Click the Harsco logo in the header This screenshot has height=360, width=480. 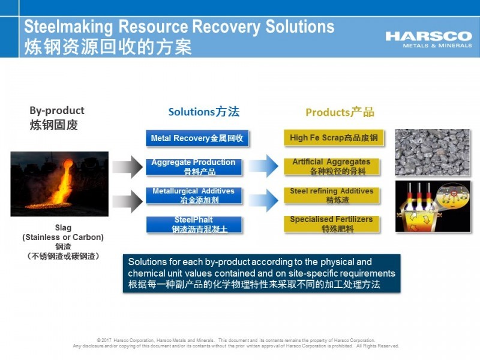pyautogui.click(x=428, y=40)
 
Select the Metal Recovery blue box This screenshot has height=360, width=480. pyautogui.click(x=197, y=138)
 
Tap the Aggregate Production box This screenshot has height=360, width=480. pyautogui.click(x=194, y=167)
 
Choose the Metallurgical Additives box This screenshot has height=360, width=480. pyautogui.click(x=194, y=196)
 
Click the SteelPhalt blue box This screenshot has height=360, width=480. pyautogui.click(x=194, y=224)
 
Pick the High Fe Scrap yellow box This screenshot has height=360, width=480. pyautogui.click(x=334, y=138)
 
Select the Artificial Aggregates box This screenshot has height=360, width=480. pyautogui.click(x=332, y=167)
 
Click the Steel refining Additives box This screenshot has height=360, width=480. pyautogui.click(x=332, y=196)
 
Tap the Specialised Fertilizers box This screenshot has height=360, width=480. pyautogui.click(x=332, y=224)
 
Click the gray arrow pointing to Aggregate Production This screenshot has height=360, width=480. pyautogui.click(x=128, y=167)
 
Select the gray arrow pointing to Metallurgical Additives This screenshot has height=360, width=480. pyautogui.click(x=128, y=201)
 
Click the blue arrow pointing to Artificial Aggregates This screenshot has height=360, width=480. pyautogui.click(x=263, y=166)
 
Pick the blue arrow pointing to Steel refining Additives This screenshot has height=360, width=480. pyautogui.click(x=263, y=200)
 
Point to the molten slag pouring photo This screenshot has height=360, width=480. pyautogui.click(x=59, y=184)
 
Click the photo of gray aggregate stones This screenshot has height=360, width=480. pyautogui.click(x=432, y=152)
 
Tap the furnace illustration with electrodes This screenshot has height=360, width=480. pyautogui.click(x=433, y=206)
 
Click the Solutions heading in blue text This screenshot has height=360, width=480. pyautogui.click(x=204, y=112)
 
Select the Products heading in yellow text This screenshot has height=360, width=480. pyautogui.click(x=340, y=112)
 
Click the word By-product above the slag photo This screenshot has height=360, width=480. pyautogui.click(x=57, y=110)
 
